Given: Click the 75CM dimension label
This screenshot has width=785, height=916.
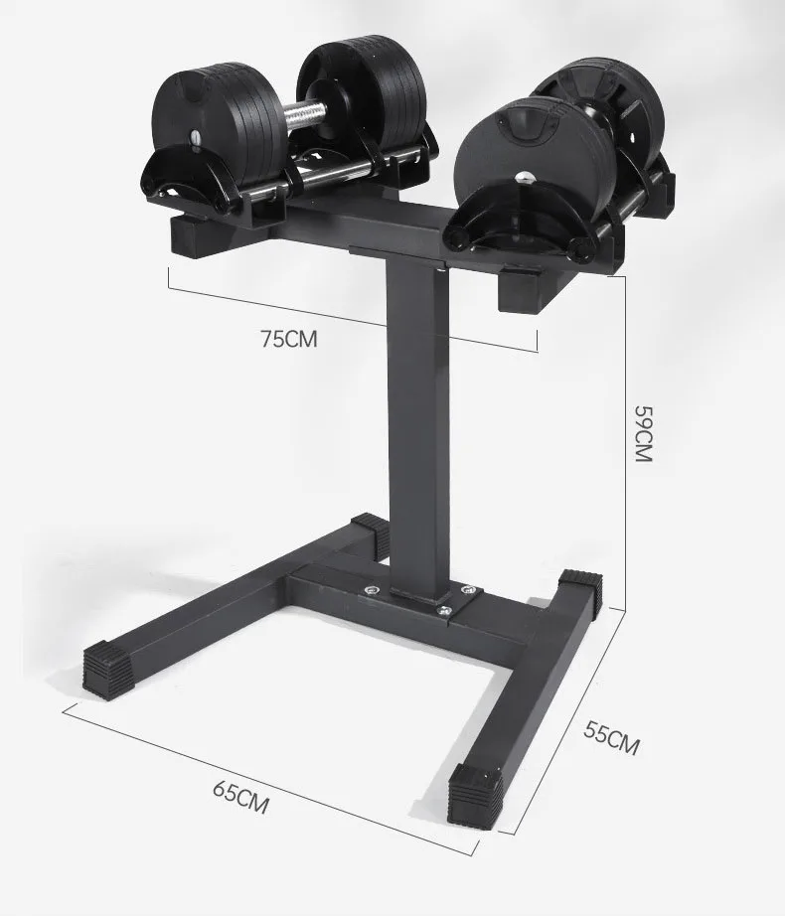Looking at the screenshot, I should [288, 339].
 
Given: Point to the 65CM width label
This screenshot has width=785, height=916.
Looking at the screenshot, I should [240, 796].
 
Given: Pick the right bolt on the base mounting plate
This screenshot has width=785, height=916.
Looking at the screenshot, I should [446, 608].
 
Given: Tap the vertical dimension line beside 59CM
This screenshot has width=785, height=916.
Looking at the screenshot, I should [623, 437].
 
